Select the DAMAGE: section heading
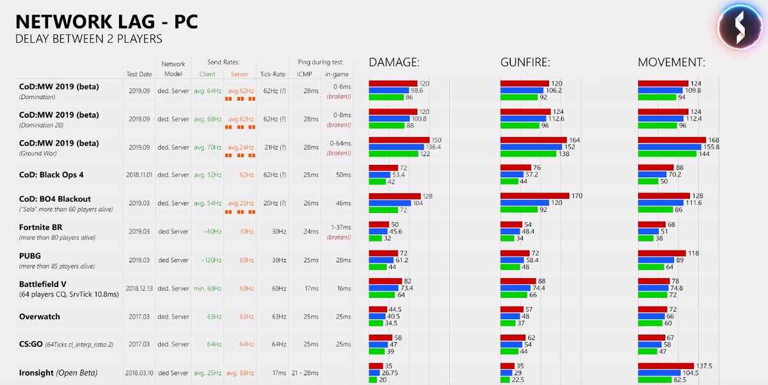pyautogui.click(x=394, y=63)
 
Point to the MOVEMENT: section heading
pyautogui.click(x=671, y=63)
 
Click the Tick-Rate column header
pyautogui.click(x=273, y=74)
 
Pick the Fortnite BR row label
pyautogui.click(x=40, y=228)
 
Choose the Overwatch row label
pyautogui.click(x=40, y=317)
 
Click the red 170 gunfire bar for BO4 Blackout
pyautogui.click(x=534, y=196)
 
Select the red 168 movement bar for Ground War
pyautogui.click(x=671, y=139)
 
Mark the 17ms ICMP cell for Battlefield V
pyautogui.click(x=312, y=288)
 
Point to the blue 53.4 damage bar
pyautogui.click(x=380, y=175)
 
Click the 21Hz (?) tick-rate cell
pyautogui.click(x=273, y=148)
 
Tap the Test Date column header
pyautogui.click(x=139, y=74)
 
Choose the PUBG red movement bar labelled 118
pyautogui.click(x=662, y=253)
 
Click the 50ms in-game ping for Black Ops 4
pyautogui.click(x=343, y=174)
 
